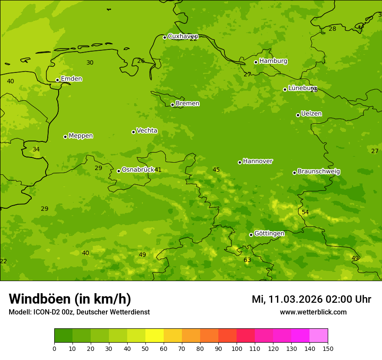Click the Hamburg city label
[x=273, y=61]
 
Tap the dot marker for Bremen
[x=172, y=105]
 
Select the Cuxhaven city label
[x=183, y=36]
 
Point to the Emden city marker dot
[x=57, y=80]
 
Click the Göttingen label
[x=269, y=233]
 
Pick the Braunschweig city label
[x=319, y=172]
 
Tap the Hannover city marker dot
[x=240, y=162]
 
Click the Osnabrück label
[x=138, y=170]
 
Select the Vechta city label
[x=147, y=131]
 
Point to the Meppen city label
[x=80, y=136]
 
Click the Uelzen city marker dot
[x=298, y=115]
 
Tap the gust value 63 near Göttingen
[x=247, y=260]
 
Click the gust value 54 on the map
[x=305, y=212]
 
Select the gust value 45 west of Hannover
[x=216, y=170]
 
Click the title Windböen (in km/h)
[x=70, y=299]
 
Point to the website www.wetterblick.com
[x=313, y=312]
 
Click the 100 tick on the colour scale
[x=237, y=348]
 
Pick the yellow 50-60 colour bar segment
[x=155, y=336]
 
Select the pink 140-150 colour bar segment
[x=319, y=336]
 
